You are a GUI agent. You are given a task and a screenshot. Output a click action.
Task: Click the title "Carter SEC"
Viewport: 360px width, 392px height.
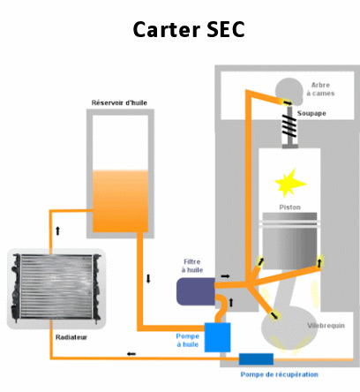click(189, 29)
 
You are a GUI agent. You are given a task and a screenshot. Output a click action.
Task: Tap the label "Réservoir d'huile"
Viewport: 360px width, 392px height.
click(119, 102)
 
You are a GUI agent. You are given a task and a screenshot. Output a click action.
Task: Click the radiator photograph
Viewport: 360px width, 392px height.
click(56, 289)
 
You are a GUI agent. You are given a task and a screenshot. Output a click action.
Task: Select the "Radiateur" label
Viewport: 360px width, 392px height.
click(71, 337)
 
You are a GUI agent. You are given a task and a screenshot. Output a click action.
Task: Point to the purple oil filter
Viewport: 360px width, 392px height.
click(196, 291)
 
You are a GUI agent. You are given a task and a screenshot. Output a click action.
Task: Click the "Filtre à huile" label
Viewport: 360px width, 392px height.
click(192, 266)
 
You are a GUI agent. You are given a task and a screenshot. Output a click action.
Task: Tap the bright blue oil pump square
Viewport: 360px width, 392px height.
click(217, 337)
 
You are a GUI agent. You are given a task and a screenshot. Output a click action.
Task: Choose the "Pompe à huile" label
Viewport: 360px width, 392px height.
click(187, 340)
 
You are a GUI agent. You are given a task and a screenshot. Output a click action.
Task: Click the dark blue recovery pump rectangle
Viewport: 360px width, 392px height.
click(256, 359)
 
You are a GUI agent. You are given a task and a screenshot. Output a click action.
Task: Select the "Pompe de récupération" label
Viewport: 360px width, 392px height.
click(280, 374)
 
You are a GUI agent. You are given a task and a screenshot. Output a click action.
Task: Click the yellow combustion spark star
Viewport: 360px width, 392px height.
click(289, 183)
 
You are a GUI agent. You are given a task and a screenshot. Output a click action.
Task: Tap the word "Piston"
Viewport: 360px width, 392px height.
click(289, 207)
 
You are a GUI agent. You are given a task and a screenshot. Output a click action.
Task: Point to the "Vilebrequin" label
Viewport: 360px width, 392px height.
click(326, 326)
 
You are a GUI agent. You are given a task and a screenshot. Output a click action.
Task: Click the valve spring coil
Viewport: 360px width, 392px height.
click(289, 125)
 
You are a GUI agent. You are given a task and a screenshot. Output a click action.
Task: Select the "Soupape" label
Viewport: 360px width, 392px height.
click(311, 113)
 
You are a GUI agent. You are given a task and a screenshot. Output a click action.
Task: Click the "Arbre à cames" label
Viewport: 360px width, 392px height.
click(320, 89)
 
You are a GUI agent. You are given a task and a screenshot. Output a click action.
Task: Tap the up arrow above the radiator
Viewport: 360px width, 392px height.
click(57, 231)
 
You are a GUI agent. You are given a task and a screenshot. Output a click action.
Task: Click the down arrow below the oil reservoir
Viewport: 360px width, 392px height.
click(148, 279)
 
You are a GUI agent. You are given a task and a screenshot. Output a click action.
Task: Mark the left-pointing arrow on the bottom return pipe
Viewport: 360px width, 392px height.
click(131, 354)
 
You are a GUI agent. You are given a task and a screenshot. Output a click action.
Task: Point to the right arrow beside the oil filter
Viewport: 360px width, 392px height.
click(225, 276)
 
